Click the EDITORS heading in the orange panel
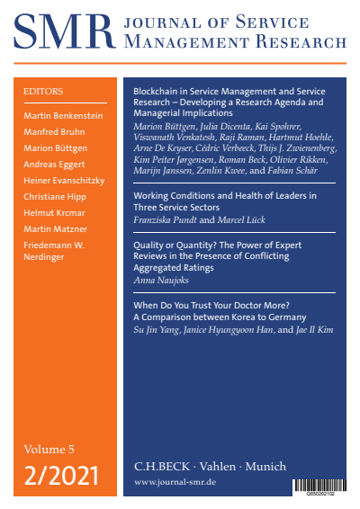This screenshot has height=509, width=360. (41, 91)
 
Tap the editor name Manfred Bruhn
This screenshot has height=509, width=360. (55, 130)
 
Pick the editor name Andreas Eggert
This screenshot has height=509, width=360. (56, 165)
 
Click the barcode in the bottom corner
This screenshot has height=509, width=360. (320, 486)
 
